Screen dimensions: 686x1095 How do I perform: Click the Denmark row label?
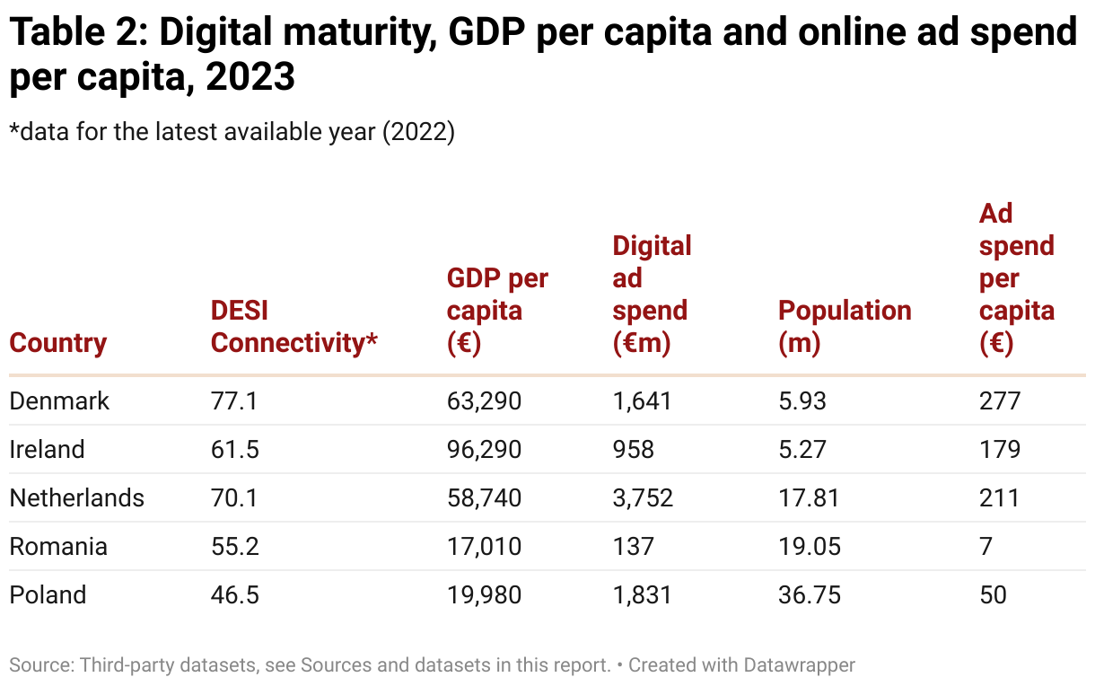[x=59, y=400]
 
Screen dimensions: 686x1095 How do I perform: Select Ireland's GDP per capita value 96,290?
[x=484, y=449]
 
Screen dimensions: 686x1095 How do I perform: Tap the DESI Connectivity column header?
[x=293, y=327]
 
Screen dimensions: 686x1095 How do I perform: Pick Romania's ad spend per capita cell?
[x=986, y=546]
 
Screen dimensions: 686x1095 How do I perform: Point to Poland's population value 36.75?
[x=810, y=594]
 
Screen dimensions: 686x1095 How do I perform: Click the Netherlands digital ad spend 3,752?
[x=643, y=497]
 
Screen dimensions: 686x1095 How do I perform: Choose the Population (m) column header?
[x=845, y=327]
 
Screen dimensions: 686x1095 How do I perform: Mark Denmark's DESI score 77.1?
[x=234, y=400]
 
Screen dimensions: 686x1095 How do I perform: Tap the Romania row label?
[x=58, y=546]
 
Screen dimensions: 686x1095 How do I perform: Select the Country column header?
[x=57, y=343]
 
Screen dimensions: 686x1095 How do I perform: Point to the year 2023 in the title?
[x=250, y=77]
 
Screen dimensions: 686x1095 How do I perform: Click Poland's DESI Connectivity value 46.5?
[x=235, y=594]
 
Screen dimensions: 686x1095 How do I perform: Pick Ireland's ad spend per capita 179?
[x=1000, y=449]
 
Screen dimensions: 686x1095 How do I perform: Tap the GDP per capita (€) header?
[x=497, y=311]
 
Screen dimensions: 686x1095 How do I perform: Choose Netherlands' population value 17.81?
[x=810, y=497]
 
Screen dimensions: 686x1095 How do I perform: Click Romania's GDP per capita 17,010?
[x=484, y=546]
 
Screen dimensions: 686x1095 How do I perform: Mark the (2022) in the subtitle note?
[x=419, y=131]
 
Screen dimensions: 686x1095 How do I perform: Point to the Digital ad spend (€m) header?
[x=652, y=295]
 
